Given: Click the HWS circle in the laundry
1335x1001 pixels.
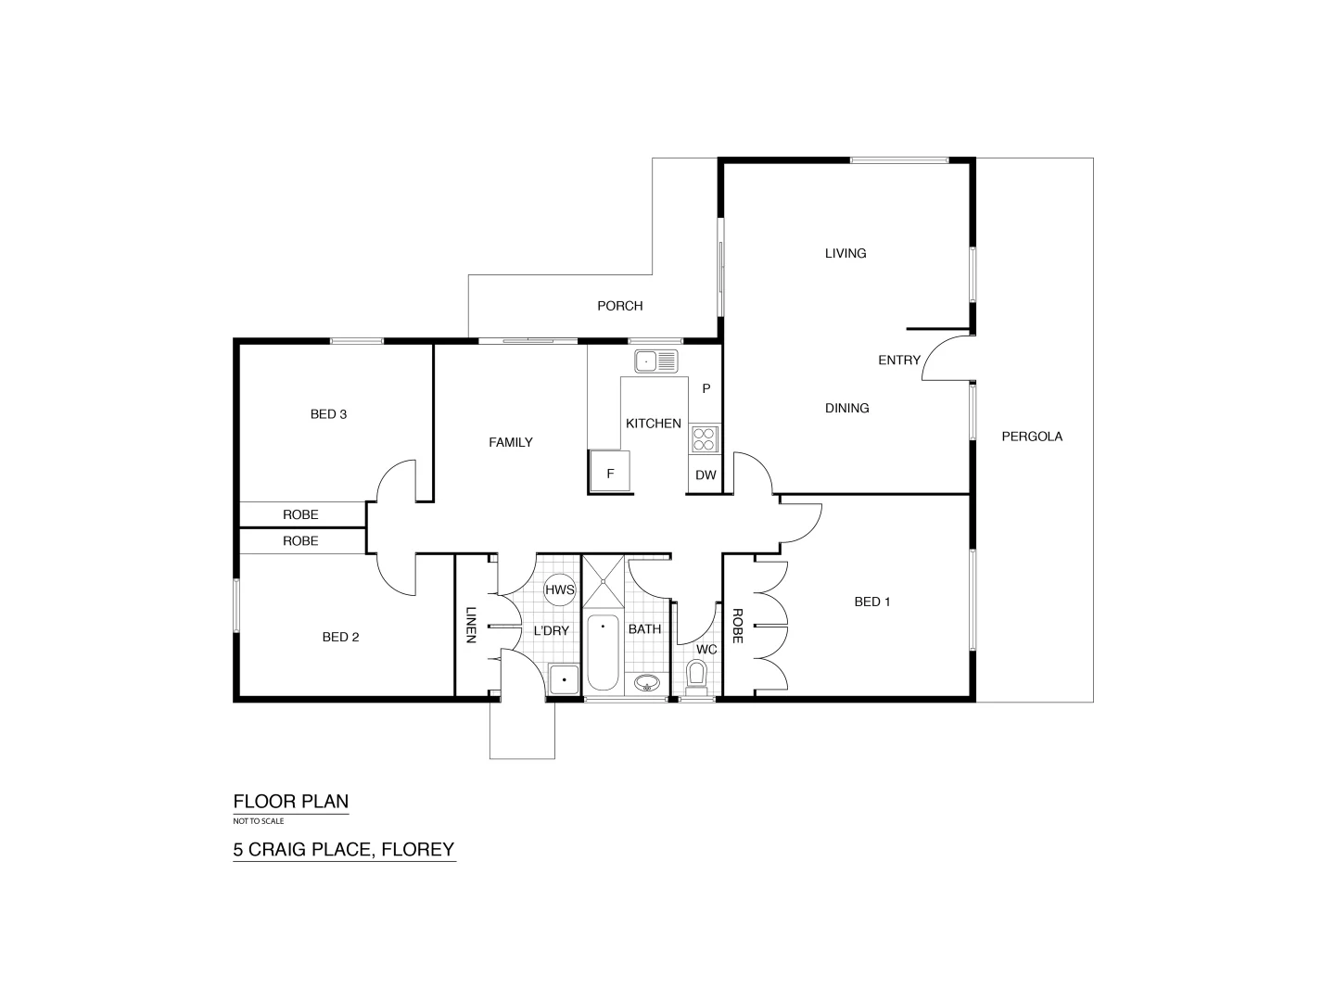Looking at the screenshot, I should (560, 589).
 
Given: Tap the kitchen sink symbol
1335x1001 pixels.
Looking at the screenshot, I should (655, 361).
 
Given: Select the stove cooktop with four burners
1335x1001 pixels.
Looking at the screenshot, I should (704, 438).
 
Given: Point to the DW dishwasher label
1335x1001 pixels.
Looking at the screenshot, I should (706, 475).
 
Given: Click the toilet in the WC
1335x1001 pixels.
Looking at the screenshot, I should (696, 675).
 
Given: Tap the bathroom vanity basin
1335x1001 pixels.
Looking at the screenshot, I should (647, 684).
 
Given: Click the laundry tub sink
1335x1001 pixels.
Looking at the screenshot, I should (564, 679).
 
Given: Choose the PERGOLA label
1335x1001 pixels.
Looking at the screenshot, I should (1032, 436).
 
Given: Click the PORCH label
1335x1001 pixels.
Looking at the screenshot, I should (619, 306).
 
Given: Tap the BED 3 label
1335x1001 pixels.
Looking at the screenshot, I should (328, 414).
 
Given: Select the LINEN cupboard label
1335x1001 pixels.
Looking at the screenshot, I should (471, 626).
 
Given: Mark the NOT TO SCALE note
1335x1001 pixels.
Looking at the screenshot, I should (259, 821).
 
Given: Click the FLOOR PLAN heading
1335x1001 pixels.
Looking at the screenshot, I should (290, 802).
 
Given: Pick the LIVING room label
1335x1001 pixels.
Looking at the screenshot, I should (845, 253).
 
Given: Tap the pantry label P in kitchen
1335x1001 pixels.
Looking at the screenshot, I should (706, 388).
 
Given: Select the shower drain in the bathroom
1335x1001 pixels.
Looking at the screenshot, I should (604, 581).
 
